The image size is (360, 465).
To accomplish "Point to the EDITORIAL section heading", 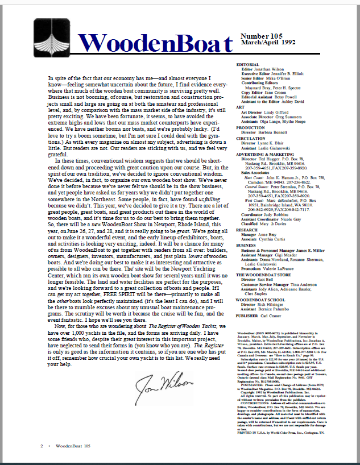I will [x=248, y=64].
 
